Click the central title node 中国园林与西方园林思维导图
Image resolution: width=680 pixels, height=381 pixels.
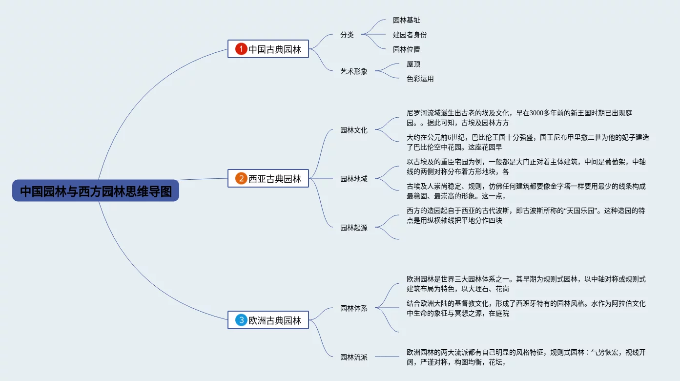tap(96, 190)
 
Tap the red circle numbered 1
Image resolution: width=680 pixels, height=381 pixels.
tap(241, 49)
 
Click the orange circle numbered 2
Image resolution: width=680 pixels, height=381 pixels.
tap(241, 178)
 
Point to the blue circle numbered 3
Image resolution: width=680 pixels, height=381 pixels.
tap(241, 320)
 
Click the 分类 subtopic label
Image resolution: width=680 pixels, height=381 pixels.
tap(347, 35)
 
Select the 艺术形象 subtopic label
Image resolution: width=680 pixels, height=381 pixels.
tap(354, 71)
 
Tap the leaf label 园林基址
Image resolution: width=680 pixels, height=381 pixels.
tap(406, 20)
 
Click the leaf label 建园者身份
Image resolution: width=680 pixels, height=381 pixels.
tap(410, 35)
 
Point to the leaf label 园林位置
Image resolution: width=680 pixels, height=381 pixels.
tap(406, 49)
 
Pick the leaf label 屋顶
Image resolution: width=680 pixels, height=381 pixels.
tap(413, 64)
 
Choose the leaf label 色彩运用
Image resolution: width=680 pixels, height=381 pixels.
tap(420, 79)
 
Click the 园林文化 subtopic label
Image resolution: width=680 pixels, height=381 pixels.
tap(354, 130)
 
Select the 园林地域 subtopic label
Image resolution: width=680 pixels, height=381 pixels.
tap(354, 179)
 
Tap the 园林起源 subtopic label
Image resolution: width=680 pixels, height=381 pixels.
tap(354, 228)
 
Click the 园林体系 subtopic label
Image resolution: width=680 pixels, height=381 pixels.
tap(354, 308)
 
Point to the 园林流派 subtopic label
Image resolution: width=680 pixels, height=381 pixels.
tap(354, 357)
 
